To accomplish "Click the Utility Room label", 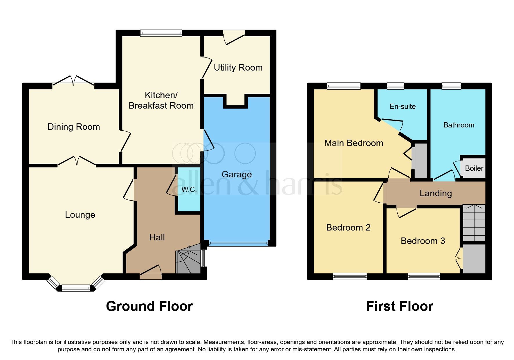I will click(x=238, y=68).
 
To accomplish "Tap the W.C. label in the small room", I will click(x=189, y=190).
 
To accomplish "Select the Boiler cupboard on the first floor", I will click(x=474, y=168).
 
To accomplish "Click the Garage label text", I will click(x=237, y=174).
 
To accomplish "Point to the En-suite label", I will click(x=403, y=107).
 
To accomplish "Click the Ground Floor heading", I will click(x=149, y=306).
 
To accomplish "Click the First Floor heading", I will click(x=399, y=306).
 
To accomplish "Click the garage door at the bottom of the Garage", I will click(x=238, y=244).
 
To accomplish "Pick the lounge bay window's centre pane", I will click(x=76, y=288).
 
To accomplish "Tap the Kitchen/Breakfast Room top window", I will click(x=161, y=33).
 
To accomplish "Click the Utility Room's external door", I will click(x=234, y=37).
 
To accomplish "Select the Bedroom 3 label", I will click(x=423, y=241).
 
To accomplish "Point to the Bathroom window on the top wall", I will click(x=451, y=86).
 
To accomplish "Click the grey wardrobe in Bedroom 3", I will click(x=474, y=259).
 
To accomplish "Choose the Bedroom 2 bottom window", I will click(x=350, y=276).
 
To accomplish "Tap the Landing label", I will click(x=435, y=193).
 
